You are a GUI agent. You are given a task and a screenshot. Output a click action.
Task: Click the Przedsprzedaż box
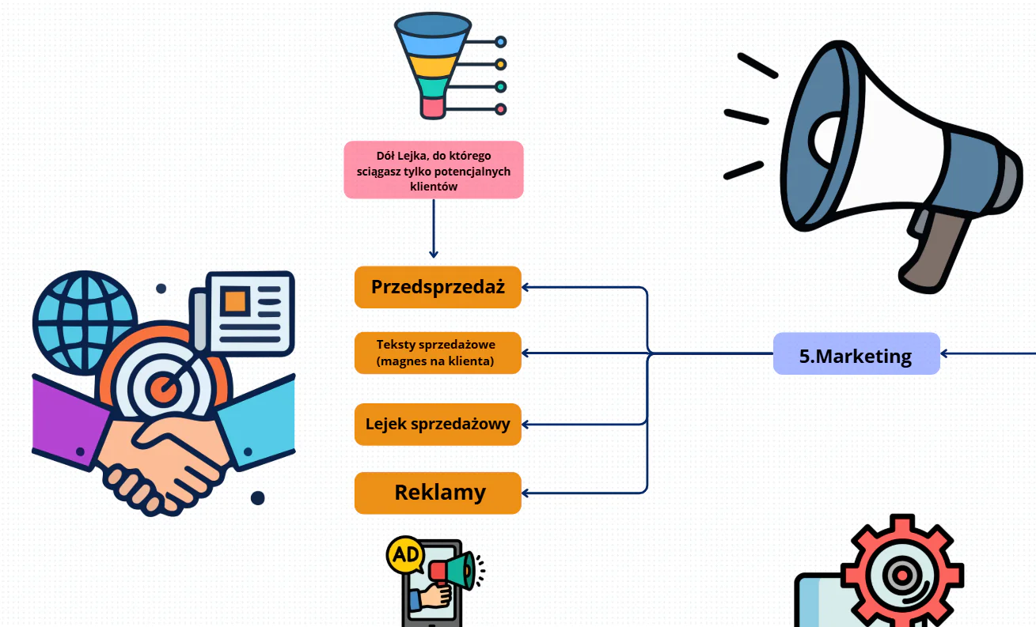[438, 287]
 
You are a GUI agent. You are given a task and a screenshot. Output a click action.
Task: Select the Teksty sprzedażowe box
[438, 353]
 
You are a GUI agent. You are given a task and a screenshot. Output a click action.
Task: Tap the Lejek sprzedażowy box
[438, 424]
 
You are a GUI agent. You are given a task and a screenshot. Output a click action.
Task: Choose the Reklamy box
[438, 493]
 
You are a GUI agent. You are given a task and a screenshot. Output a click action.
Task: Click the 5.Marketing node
[856, 353]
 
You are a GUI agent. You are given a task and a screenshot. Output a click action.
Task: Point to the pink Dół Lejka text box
[434, 170]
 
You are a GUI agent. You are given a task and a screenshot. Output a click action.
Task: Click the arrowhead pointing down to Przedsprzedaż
[434, 254]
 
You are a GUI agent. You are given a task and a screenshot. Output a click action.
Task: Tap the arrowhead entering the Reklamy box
[526, 493]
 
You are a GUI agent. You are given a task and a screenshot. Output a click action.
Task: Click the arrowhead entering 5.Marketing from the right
[944, 354]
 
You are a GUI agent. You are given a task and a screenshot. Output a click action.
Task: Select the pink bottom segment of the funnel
[433, 108]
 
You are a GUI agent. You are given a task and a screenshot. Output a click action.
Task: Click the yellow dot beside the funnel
[500, 64]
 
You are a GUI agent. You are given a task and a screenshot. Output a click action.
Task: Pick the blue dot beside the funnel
[500, 42]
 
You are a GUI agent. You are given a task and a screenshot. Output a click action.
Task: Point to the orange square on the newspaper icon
[235, 301]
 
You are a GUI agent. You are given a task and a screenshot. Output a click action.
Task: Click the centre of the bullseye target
[163, 388]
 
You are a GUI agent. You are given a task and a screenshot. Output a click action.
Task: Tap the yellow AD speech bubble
[405, 554]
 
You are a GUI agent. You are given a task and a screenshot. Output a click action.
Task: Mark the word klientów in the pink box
[434, 187]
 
